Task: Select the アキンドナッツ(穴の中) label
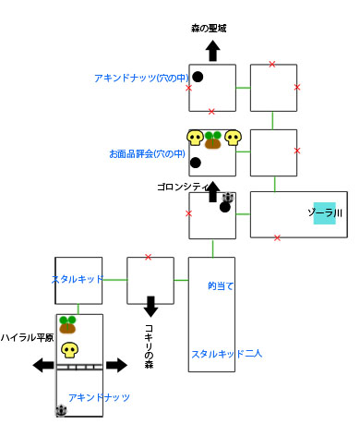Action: click(139, 79)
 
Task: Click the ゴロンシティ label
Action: click(185, 187)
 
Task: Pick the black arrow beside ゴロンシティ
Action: click(212, 192)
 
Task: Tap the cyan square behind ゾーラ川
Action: click(324, 213)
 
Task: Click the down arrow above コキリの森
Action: click(150, 306)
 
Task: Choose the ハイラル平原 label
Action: click(25, 337)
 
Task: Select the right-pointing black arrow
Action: click(115, 366)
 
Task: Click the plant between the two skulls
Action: click(213, 139)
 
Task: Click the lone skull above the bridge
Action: click(69, 350)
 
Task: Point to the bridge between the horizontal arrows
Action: click(79, 366)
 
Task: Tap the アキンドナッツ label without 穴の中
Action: click(99, 396)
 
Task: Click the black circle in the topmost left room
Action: click(198, 77)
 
